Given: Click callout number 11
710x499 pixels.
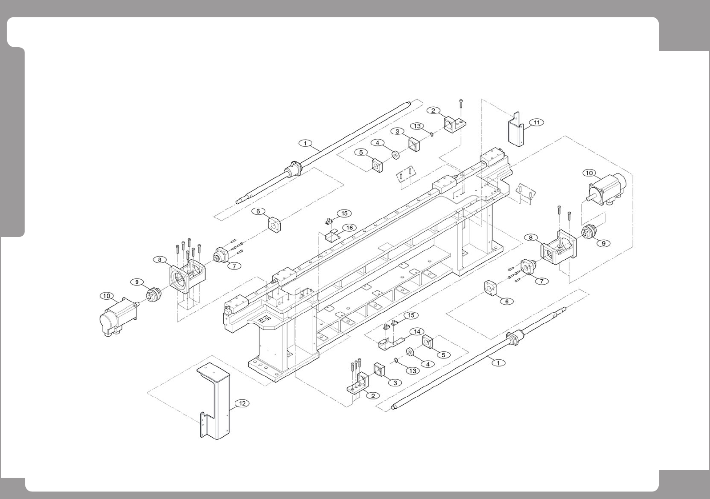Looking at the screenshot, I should coord(537,122).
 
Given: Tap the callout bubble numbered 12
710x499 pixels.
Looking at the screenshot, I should coord(242,403).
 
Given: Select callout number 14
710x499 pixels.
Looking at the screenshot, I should coord(416,331).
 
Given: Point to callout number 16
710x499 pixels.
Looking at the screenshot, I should coord(349,228).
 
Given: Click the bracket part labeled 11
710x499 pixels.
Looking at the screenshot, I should coord(516,130).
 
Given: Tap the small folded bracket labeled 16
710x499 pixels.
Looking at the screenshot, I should coord(331,236).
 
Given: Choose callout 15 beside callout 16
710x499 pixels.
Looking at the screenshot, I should coord(344,213).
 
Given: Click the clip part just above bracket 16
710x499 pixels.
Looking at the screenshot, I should coord(329,221).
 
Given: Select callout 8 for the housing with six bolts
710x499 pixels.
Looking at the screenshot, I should coord(159,259).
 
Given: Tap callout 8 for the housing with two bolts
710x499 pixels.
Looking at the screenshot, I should coord(530,237).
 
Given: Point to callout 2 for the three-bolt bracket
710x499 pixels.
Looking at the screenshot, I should coord(373,395).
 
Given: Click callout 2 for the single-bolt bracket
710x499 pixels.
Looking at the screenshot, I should coord(433,111).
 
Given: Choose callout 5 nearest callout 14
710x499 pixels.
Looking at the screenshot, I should coord(443,354).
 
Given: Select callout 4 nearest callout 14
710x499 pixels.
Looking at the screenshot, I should coord(427,364).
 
